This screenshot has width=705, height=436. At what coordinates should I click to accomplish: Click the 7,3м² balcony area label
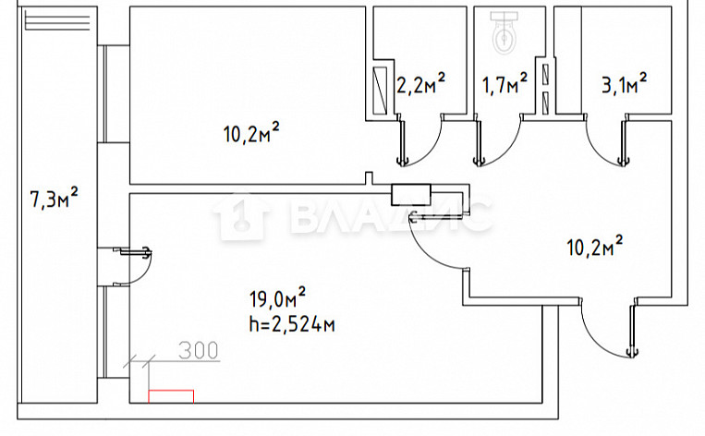pyautogui.click(x=54, y=199)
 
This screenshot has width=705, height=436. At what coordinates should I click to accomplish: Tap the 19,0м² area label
pyautogui.click(x=277, y=298)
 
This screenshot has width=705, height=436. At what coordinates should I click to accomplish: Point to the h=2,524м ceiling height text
pyautogui.click(x=292, y=324)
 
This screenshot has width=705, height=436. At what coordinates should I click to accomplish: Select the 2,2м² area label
pyautogui.click(x=420, y=83)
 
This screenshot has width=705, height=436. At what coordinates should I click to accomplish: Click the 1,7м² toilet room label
pyautogui.click(x=504, y=84)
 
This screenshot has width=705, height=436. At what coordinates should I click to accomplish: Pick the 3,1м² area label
pyautogui.click(x=625, y=84)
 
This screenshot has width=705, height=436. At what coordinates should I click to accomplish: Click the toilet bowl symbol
pyautogui.click(x=504, y=32)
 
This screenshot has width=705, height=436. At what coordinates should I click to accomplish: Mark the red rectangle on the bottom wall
pyautogui.click(x=171, y=396)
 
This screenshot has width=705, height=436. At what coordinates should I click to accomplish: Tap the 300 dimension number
pyautogui.click(x=199, y=351)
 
